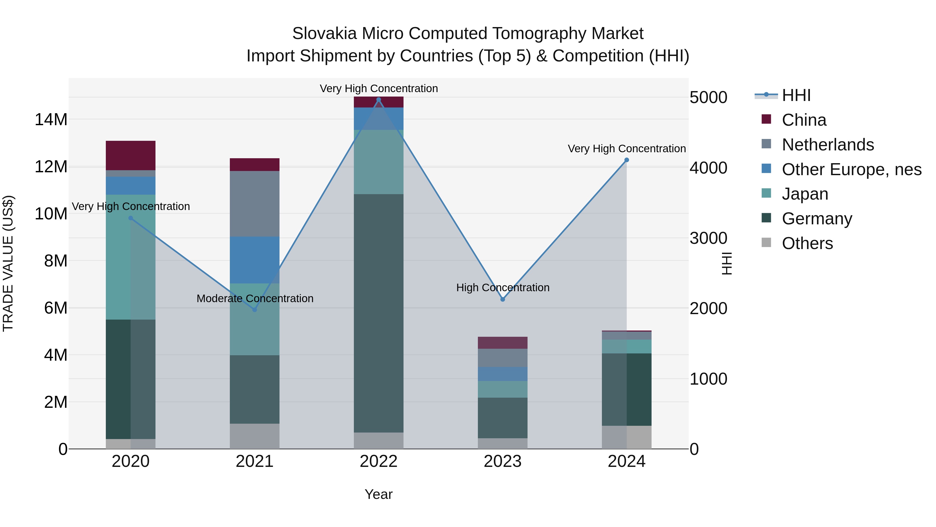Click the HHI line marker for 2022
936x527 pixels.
click(379, 100)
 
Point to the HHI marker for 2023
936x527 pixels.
click(503, 299)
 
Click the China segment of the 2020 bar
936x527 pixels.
click(131, 155)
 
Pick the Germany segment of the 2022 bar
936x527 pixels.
click(379, 313)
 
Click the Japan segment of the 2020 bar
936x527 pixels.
click(120, 257)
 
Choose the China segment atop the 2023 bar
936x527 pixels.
click(503, 342)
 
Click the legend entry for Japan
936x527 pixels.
click(805, 194)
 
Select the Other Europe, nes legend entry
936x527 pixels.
click(851, 169)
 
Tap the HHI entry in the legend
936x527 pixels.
click(796, 95)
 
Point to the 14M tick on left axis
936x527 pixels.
click(51, 120)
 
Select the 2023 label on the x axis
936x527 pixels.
click(503, 461)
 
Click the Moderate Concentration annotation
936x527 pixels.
click(255, 298)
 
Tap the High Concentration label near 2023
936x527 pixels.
click(503, 287)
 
